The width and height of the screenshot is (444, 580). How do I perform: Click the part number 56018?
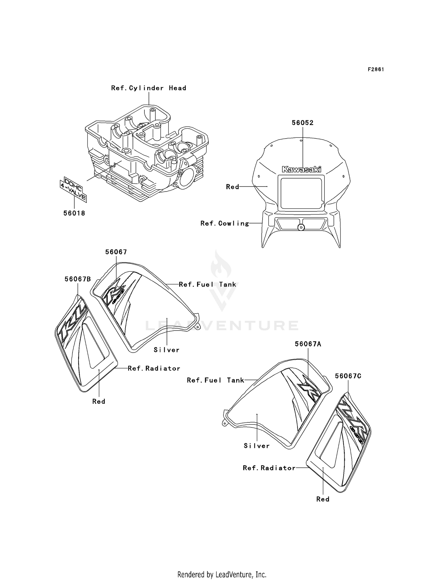click(x=74, y=213)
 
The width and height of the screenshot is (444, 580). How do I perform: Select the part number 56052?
click(x=303, y=123)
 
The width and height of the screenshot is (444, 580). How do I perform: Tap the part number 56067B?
click(x=78, y=279)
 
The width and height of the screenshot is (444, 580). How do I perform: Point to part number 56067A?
click(x=308, y=344)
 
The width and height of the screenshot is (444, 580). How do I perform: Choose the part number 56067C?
click(x=348, y=376)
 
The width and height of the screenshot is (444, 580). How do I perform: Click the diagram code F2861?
click(x=376, y=69)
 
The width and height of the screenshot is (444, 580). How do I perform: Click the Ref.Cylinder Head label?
click(x=149, y=88)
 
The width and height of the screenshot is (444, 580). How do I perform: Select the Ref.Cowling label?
click(x=225, y=223)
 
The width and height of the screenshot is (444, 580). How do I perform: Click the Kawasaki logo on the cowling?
click(x=301, y=169)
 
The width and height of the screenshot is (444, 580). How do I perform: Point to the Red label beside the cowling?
click(x=232, y=187)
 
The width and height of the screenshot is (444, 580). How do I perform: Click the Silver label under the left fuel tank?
click(x=167, y=350)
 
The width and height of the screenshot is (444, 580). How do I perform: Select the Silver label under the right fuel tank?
click(x=257, y=446)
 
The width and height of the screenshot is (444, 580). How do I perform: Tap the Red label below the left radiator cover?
click(x=99, y=401)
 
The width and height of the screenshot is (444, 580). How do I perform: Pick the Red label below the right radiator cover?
click(x=323, y=499)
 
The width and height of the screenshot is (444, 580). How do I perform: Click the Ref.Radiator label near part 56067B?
click(x=154, y=368)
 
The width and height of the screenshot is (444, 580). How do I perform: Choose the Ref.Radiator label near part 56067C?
click(x=269, y=468)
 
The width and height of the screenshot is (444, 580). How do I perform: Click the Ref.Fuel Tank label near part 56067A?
click(x=215, y=380)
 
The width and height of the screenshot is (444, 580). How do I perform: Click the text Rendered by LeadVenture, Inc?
click(x=222, y=574)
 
